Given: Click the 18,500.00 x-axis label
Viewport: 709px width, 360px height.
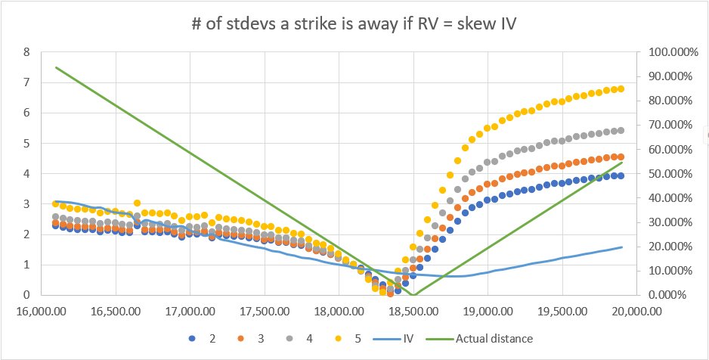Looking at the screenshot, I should [x=413, y=309].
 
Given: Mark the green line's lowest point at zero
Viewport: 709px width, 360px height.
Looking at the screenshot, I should [x=413, y=294].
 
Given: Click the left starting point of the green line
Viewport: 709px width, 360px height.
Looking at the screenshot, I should [x=56, y=67].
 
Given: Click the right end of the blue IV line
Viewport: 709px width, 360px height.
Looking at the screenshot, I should [x=621, y=247].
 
